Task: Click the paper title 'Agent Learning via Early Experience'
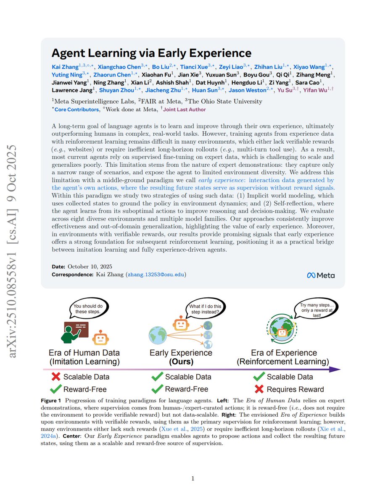coord(151,53)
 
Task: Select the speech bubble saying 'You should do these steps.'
coord(88,309)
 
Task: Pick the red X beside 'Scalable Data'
coord(56,377)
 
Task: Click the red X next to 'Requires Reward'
coord(259,389)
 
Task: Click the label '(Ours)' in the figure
coord(181,362)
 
